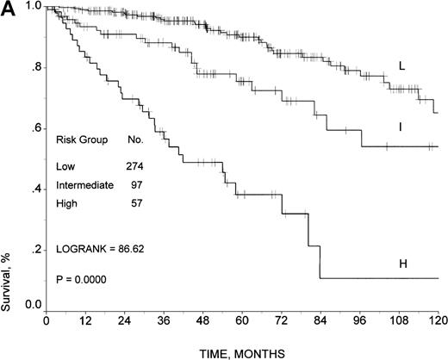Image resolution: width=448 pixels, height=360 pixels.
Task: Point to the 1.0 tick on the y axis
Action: pos(33,7)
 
